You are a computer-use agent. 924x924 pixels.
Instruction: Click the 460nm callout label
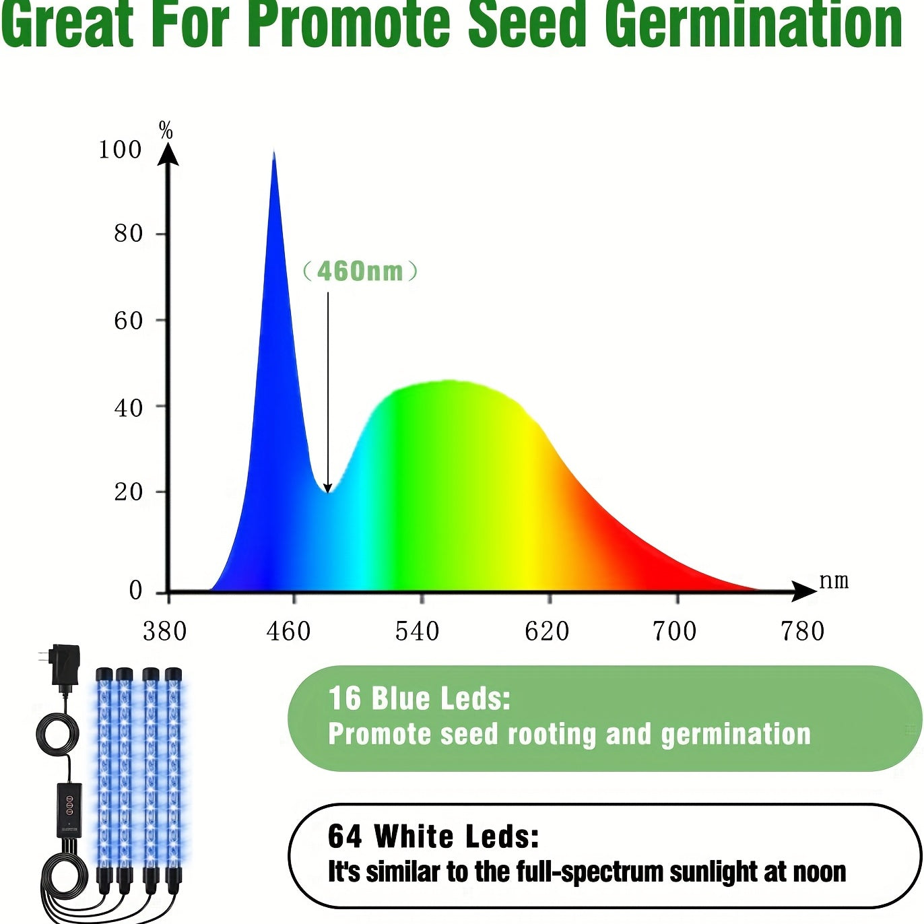360,271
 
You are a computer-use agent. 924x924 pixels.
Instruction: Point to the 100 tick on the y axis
120,150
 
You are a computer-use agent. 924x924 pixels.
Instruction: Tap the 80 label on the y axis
128,234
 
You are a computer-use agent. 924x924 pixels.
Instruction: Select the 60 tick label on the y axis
128,321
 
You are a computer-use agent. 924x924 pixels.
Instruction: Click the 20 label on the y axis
128,492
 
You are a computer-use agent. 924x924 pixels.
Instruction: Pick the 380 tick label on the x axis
164,632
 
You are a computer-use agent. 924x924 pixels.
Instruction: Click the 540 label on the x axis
418,632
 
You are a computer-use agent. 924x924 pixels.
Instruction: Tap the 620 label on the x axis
547,632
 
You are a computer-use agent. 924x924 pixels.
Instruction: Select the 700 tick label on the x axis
674,632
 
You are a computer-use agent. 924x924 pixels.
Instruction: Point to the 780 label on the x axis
802,632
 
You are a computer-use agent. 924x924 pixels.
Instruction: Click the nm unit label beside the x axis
834,581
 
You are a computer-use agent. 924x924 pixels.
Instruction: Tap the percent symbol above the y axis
166,130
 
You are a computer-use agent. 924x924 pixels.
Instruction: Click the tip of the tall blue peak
273,154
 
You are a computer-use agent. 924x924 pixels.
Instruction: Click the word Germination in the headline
753,26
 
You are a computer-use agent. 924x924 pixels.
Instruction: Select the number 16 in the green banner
345,698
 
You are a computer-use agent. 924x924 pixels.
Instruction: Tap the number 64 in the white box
345,836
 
